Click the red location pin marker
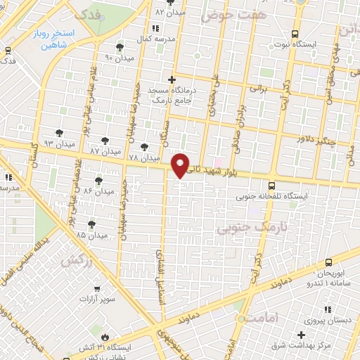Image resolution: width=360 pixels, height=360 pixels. pos(181,165)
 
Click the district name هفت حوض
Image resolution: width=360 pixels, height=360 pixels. pos(224,14)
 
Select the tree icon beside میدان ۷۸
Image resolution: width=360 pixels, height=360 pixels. pos(145,147)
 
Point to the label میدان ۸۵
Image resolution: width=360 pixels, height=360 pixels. pos(91,236)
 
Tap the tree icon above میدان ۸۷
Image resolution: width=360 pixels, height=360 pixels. pos(105,141)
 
